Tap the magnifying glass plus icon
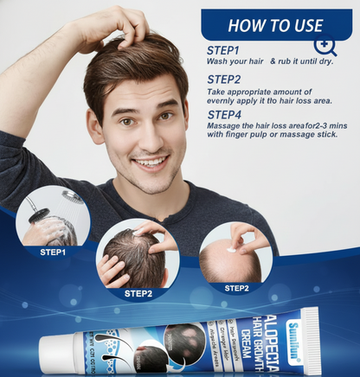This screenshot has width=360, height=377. [325, 46]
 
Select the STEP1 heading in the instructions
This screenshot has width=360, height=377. [224, 50]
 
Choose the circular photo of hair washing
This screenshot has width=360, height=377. [53, 216]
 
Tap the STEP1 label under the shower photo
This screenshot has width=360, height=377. [53, 252]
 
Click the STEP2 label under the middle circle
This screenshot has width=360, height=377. [138, 293]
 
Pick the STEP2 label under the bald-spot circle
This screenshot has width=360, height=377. [236, 288]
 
